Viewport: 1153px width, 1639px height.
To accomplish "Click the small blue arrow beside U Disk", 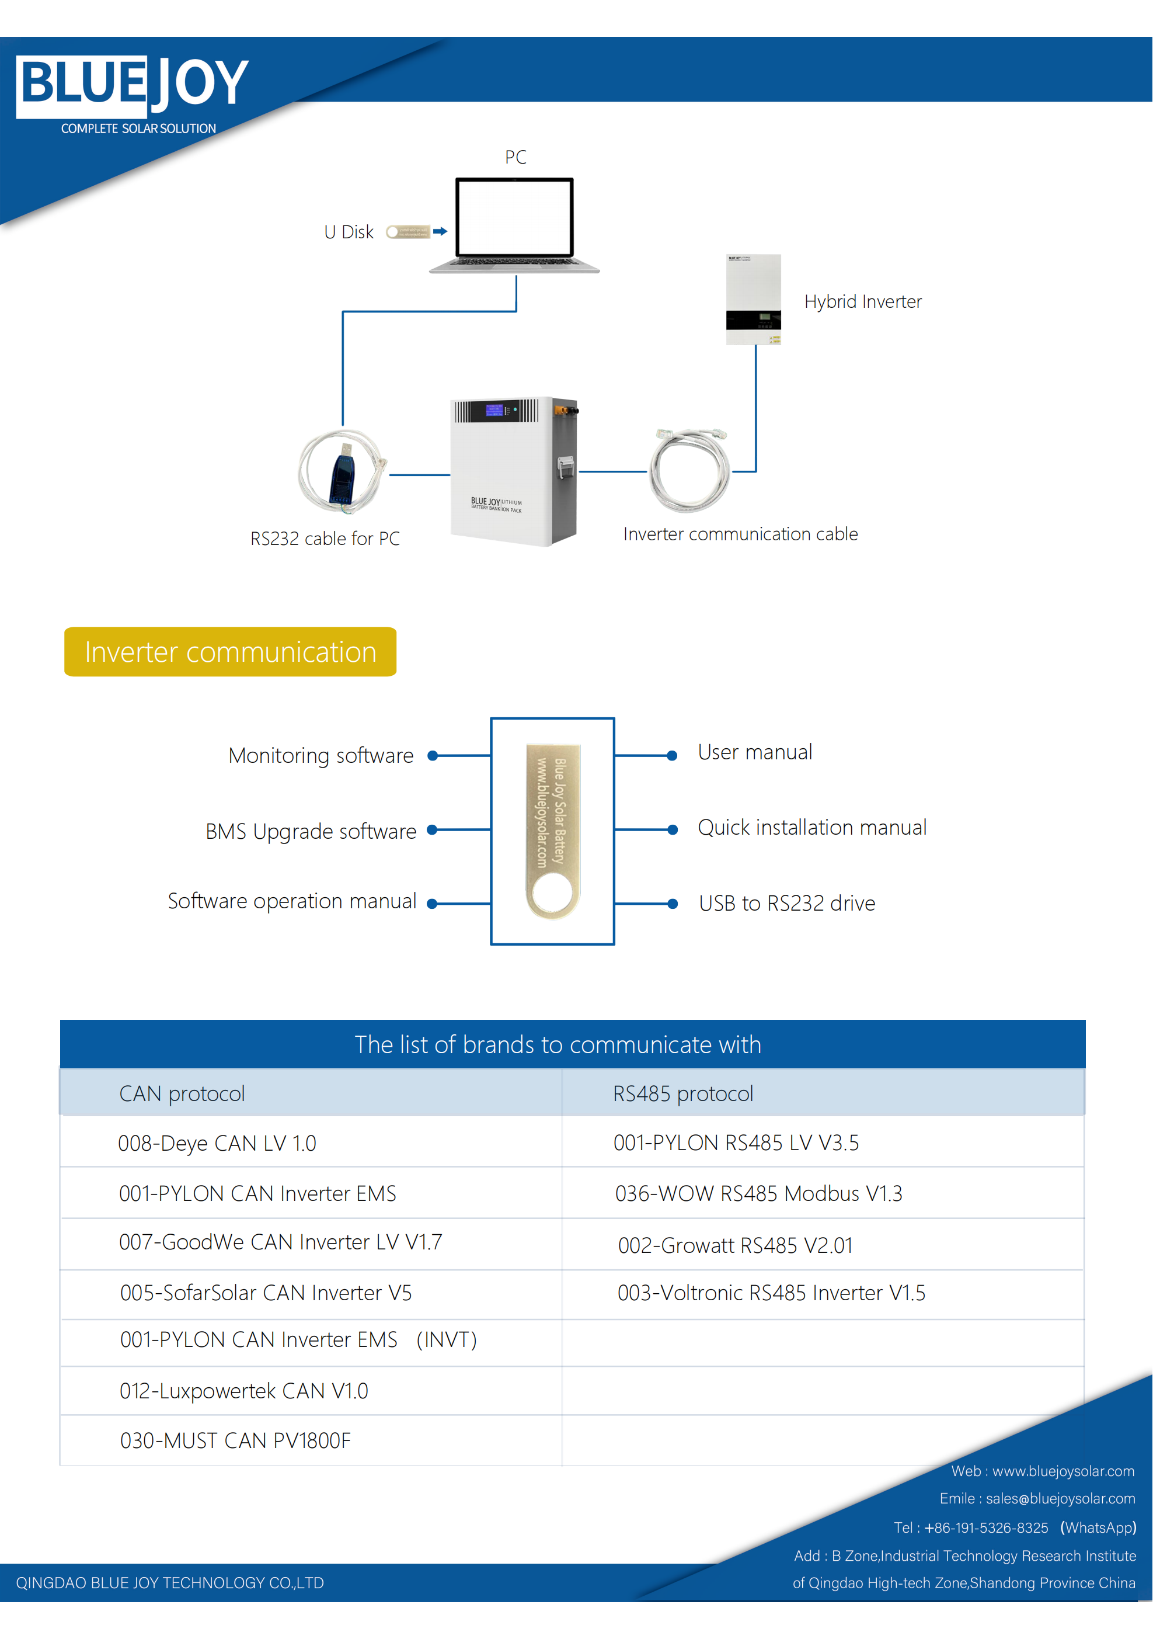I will pyautogui.click(x=440, y=231).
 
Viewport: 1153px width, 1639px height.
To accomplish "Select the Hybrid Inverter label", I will pyautogui.click(x=863, y=301).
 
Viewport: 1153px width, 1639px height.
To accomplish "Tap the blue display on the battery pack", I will pyautogui.click(x=494, y=410).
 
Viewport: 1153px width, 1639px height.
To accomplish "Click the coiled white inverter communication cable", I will pyautogui.click(x=689, y=471).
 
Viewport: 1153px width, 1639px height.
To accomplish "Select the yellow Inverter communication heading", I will pyautogui.click(x=231, y=652).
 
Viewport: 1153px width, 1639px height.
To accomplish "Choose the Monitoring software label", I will pyautogui.click(x=321, y=755).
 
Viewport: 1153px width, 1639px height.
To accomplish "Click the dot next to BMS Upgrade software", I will pyautogui.click(x=431, y=829).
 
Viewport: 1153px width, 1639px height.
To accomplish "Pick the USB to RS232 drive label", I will pyautogui.click(x=787, y=903).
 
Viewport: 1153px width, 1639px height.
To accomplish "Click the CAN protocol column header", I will pyautogui.click(x=182, y=1093).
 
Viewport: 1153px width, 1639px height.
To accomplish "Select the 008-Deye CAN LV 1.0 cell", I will pyautogui.click(x=217, y=1143).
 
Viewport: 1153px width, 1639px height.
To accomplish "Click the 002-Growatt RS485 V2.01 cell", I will pyautogui.click(x=735, y=1245).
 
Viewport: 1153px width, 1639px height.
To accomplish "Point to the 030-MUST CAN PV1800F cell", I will pyautogui.click(x=235, y=1440).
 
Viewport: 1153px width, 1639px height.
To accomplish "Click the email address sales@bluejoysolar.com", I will pyautogui.click(x=1060, y=1498).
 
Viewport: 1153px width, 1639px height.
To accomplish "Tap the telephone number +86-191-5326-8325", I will pyautogui.click(x=986, y=1527).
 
